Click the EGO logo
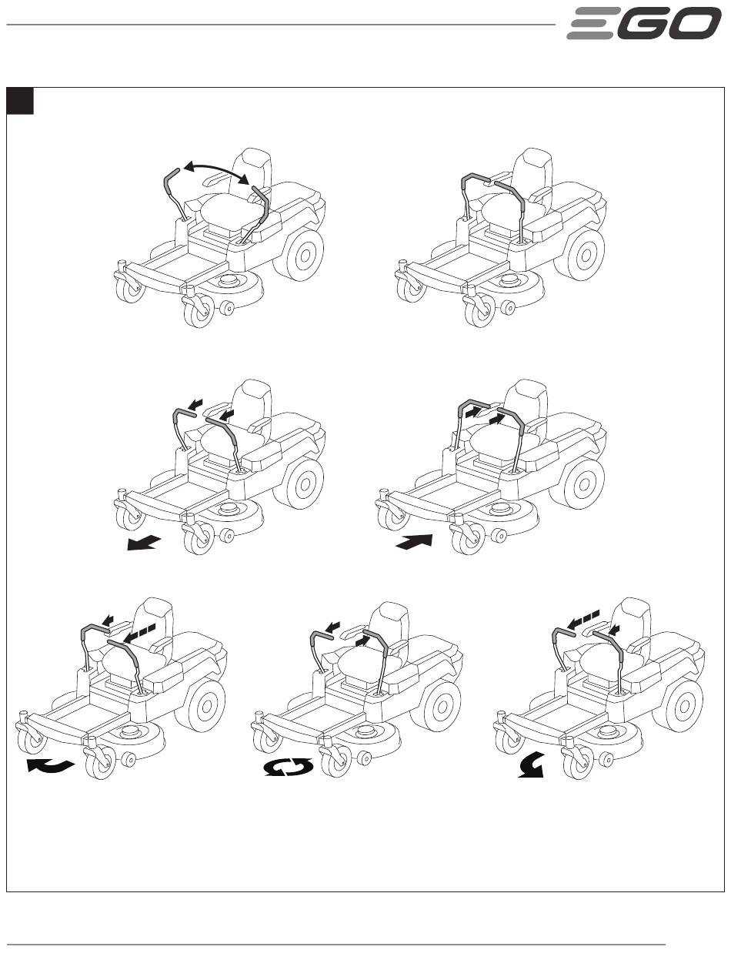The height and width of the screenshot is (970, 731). (643, 24)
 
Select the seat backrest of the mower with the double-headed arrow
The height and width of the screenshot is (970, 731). (255, 166)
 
